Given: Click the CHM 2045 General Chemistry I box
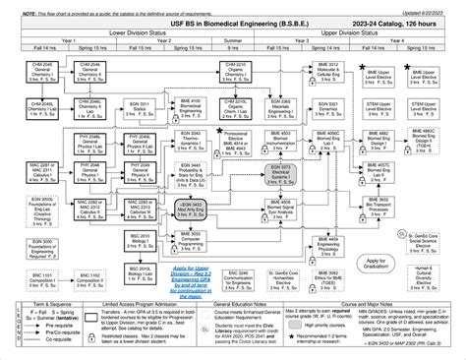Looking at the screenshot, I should [41, 70].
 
